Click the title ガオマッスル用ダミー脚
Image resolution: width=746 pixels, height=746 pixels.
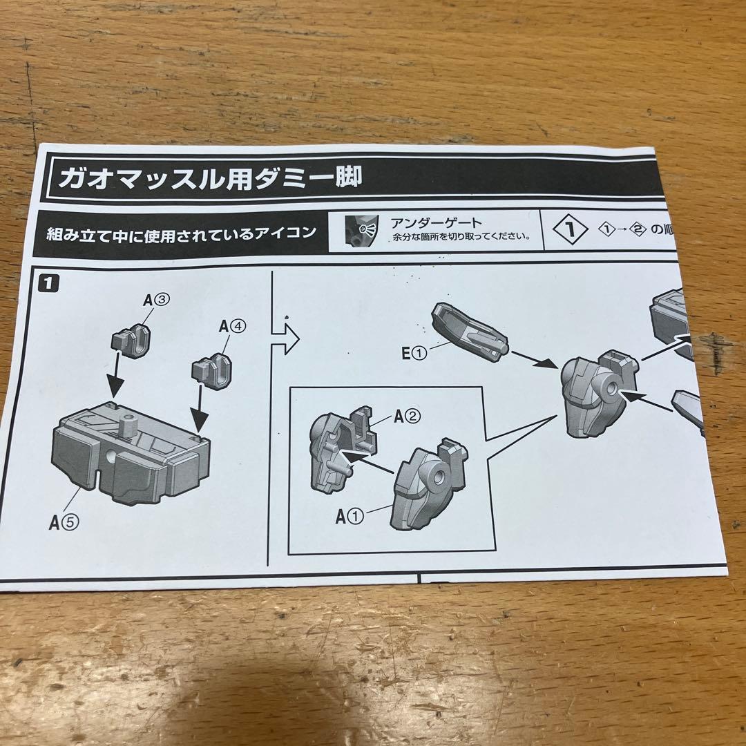[209, 179]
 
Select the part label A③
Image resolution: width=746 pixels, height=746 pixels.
[157, 300]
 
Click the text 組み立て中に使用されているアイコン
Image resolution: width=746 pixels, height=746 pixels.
[177, 233]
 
